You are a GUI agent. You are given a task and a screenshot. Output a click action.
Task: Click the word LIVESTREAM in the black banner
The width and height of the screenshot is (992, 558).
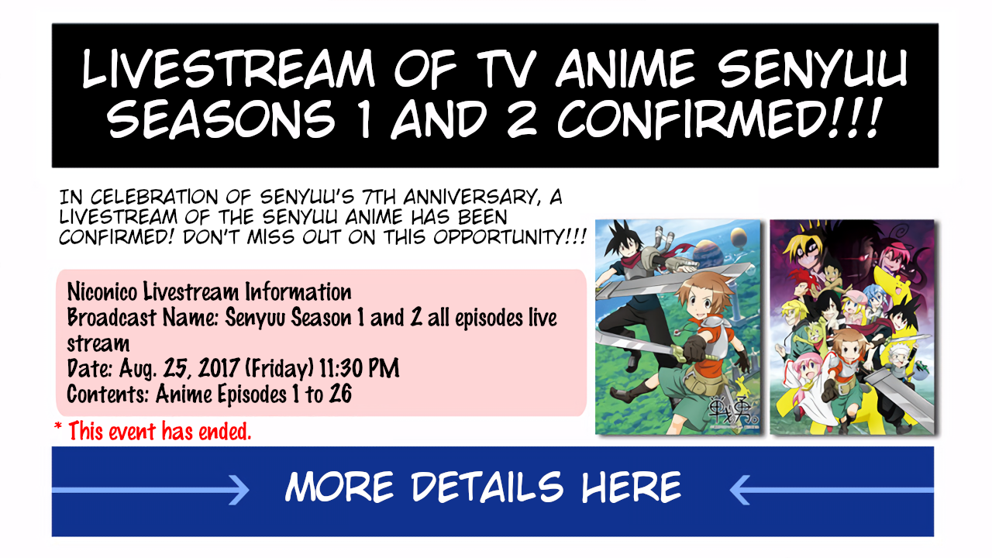pyautogui.click(x=228, y=69)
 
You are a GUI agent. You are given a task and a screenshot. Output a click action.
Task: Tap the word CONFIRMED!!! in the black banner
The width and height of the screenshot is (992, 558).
pyautogui.click(x=718, y=119)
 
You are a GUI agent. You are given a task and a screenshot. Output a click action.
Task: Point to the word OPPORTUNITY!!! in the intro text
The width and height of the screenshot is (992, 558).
pyautogui.click(x=510, y=237)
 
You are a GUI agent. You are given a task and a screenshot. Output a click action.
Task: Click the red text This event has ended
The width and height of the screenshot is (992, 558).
pyautogui.click(x=160, y=431)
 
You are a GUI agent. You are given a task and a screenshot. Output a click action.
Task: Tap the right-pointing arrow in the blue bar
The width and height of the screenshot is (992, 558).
pyautogui.click(x=150, y=490)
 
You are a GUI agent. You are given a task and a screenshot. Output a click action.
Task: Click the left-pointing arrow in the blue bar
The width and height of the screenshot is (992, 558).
pyautogui.click(x=832, y=490)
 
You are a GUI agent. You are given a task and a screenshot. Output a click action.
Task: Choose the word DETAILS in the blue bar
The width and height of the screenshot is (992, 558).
pyautogui.click(x=487, y=487)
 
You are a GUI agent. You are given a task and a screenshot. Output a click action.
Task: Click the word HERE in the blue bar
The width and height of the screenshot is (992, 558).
pyautogui.click(x=631, y=487)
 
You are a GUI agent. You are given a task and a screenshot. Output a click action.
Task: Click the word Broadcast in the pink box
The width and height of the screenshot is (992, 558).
pyautogui.click(x=112, y=318)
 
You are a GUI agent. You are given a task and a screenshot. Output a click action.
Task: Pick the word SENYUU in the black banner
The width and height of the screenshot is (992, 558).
pyautogui.click(x=812, y=69)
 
